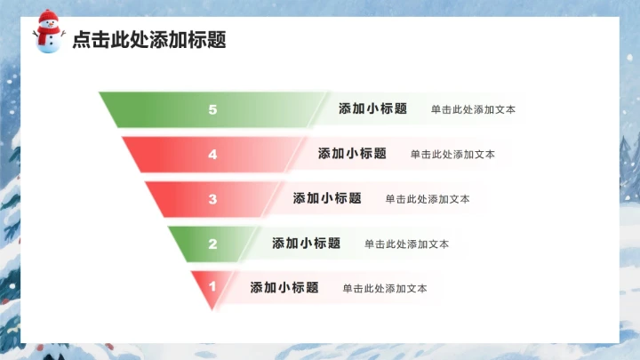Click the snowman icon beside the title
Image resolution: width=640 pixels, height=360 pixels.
48,33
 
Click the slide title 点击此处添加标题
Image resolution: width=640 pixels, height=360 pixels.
148,39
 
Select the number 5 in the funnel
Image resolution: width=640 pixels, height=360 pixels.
212,110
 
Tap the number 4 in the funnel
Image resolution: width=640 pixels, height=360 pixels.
212,155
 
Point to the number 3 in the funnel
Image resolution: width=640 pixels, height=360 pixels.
212,199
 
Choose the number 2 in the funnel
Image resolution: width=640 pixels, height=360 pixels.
212,244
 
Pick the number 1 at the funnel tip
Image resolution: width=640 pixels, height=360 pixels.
212,287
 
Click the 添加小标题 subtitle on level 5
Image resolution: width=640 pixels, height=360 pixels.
372,109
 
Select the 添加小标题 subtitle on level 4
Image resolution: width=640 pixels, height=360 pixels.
352,154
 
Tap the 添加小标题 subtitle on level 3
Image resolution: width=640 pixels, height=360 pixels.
327,198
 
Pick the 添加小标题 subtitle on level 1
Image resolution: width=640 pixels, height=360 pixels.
284,288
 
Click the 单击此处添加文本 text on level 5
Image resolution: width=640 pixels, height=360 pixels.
473,110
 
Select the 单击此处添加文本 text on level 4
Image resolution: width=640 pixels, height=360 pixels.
452,155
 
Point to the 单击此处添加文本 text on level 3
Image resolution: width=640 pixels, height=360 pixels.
428,199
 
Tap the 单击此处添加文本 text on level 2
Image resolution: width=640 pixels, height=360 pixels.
406,244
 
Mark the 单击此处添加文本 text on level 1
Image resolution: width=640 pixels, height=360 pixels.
385,289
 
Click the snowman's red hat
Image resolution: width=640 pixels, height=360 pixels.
48,16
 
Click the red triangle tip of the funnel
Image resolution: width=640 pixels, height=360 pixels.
209,299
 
